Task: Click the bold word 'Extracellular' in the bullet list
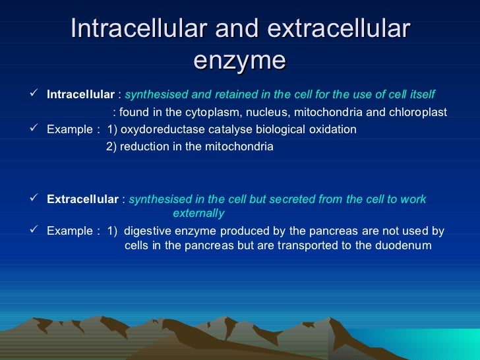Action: (x=82, y=199)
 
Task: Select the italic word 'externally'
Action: (x=198, y=214)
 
